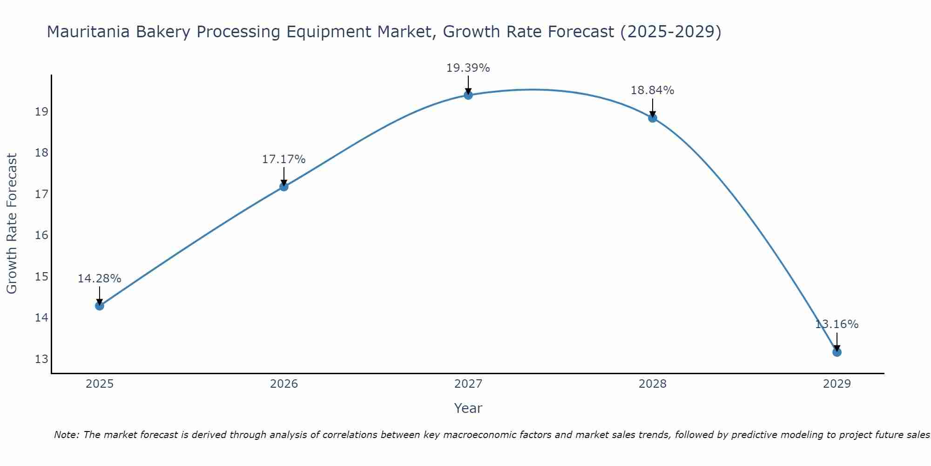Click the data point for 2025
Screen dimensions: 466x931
99,306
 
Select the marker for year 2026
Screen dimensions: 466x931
283,186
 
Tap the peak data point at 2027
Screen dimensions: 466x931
468,95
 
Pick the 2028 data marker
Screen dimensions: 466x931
653,118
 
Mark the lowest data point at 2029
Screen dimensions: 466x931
837,352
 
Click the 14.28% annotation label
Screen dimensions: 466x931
99,279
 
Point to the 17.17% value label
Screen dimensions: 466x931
283,159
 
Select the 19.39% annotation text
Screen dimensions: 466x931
468,68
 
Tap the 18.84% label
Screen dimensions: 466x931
653,90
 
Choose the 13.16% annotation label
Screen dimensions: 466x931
837,324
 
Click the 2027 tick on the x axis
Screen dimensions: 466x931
468,384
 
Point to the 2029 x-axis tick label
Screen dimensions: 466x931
837,384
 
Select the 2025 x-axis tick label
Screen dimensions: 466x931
100,384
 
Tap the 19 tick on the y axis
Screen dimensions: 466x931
42,111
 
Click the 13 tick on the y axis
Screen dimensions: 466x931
42,359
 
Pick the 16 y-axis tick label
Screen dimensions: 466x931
42,235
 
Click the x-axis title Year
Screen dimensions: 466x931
468,408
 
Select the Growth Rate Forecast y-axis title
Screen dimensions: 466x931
12,224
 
